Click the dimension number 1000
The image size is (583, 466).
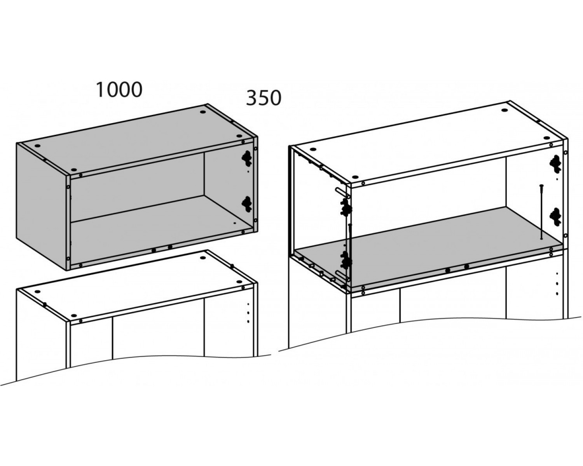pyautogui.click(x=119, y=90)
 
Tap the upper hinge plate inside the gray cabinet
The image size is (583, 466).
pyautogui.click(x=247, y=158)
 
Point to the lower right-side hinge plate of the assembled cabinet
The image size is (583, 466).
pyautogui.click(x=555, y=216)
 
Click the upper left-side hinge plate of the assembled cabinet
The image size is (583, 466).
pyautogui.click(x=346, y=208)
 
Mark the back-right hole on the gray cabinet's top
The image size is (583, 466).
pyautogui.click(x=202, y=112)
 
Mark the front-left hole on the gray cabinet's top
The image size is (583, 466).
pyautogui.click(x=74, y=170)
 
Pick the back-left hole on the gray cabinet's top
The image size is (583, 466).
pyautogui.click(x=37, y=146)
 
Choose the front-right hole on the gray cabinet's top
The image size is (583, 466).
pyautogui.click(x=239, y=136)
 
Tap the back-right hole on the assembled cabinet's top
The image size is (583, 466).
pyautogui.click(x=504, y=110)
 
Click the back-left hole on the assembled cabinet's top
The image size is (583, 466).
pyautogui.click(x=313, y=149)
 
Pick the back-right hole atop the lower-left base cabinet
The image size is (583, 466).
pyautogui.click(x=202, y=258)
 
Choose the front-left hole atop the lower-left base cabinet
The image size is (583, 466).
pyautogui.click(x=74, y=316)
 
